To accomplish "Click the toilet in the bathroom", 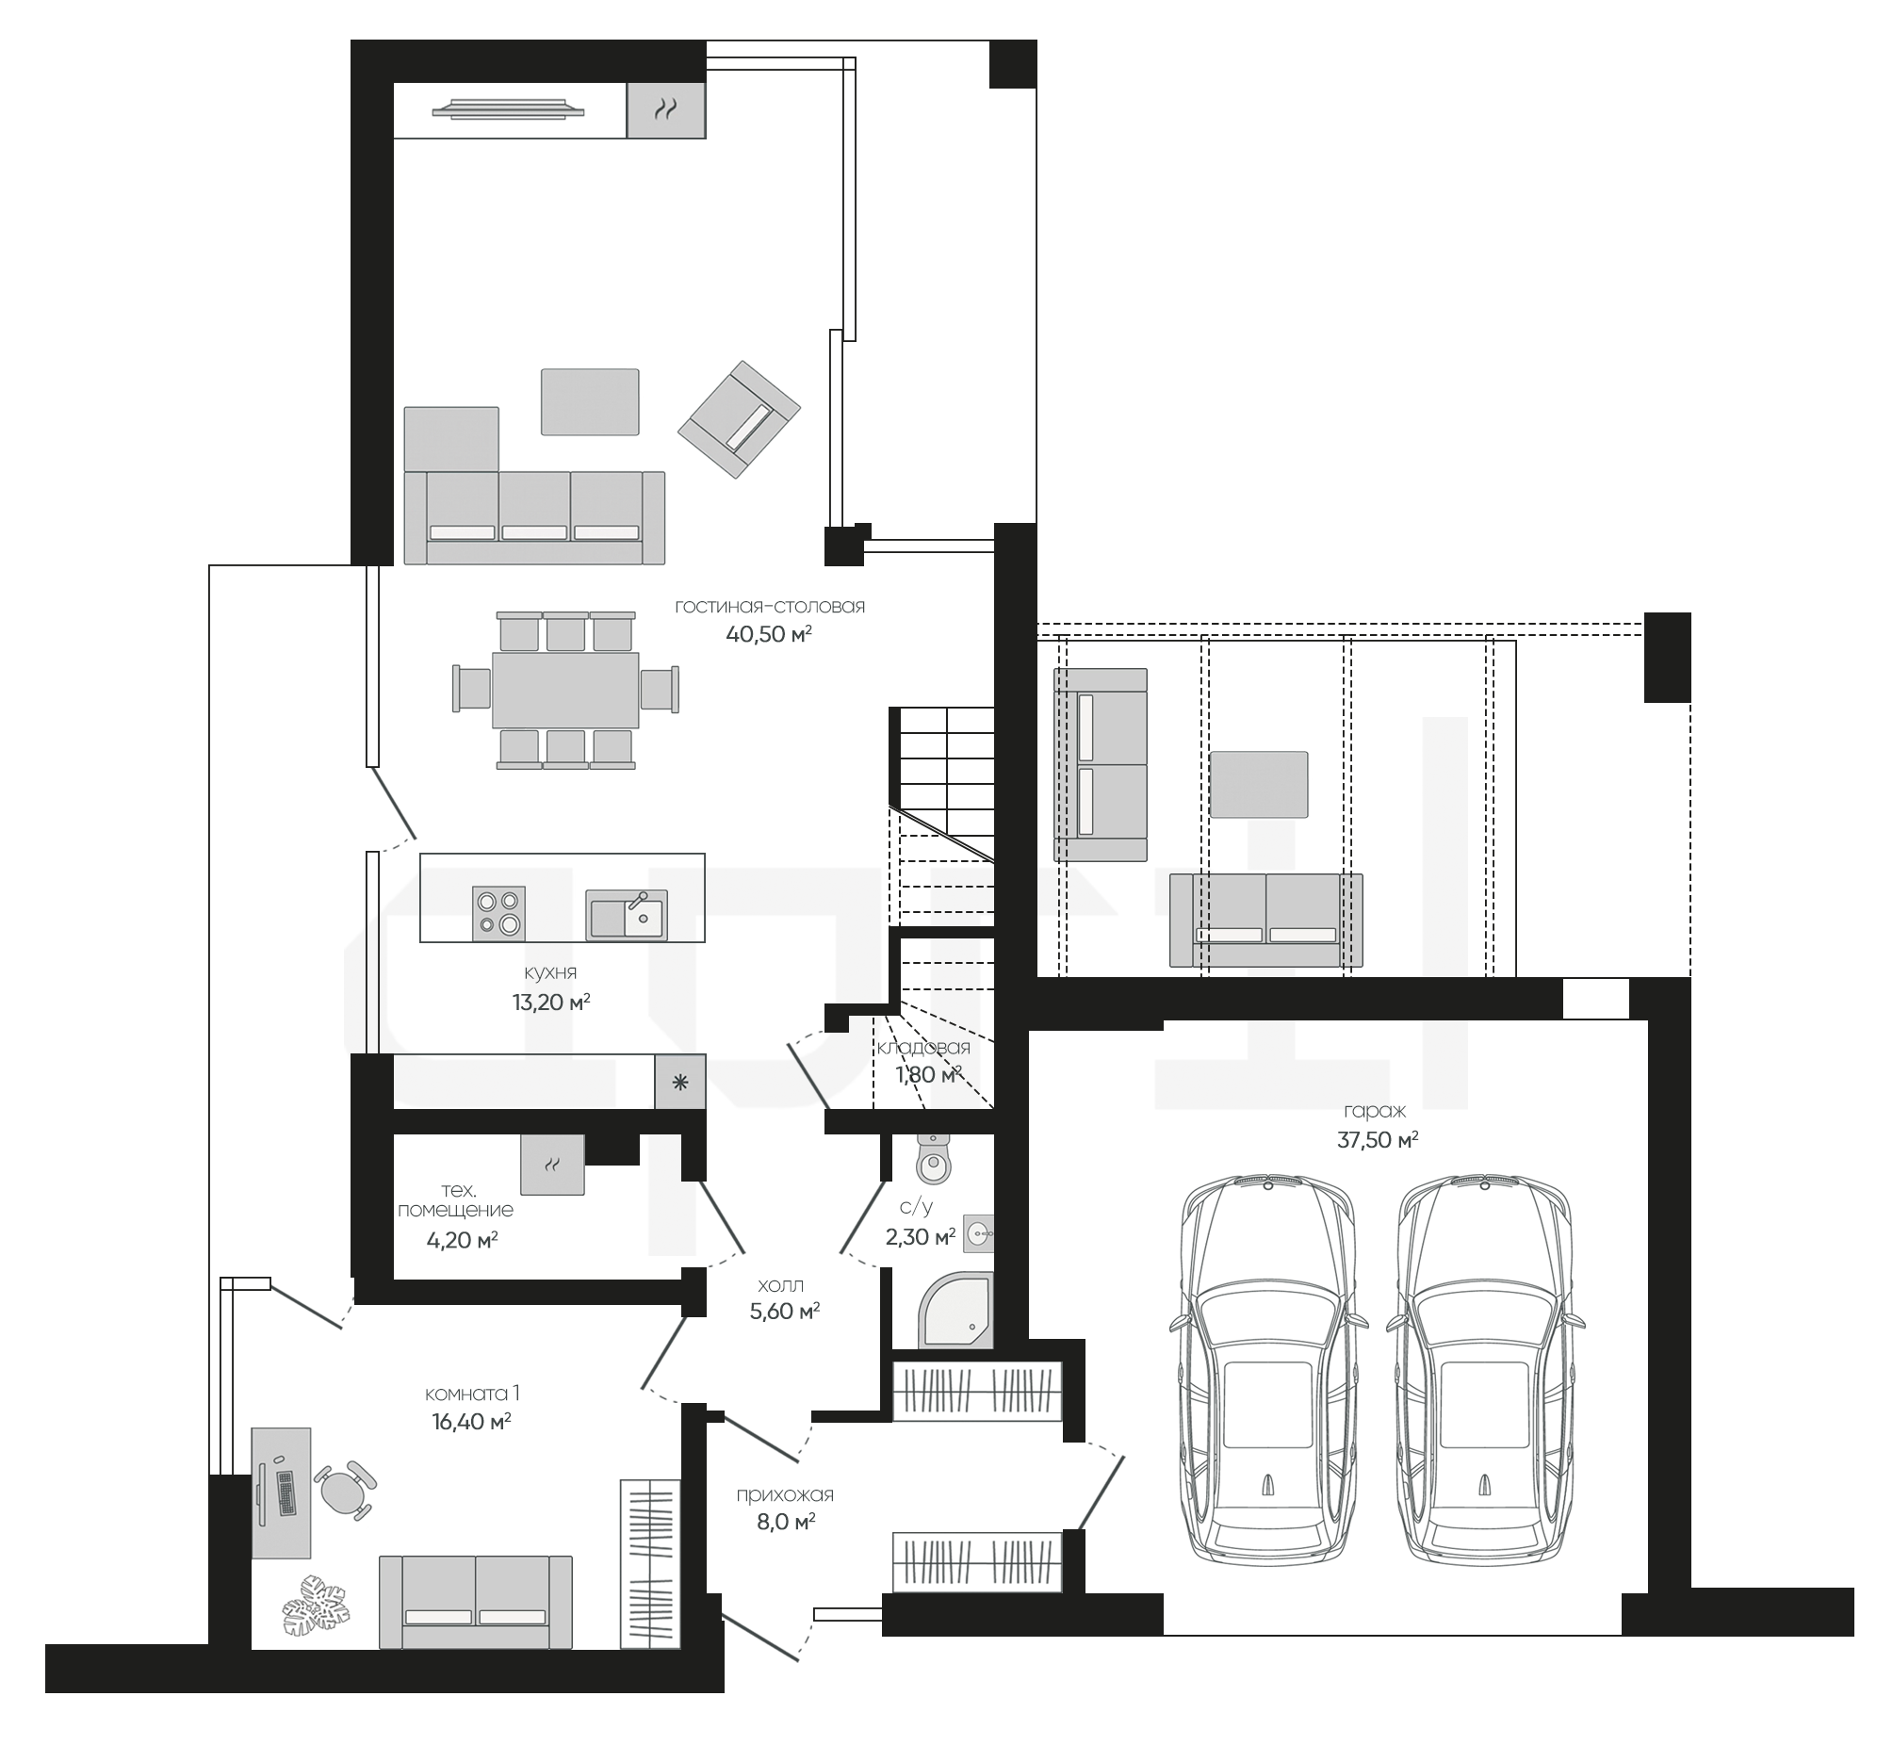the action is point(933,1160).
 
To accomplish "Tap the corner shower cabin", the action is point(955,1310).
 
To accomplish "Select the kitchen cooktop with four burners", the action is point(498,913).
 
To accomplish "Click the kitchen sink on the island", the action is point(627,914).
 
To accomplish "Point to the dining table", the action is point(565,690).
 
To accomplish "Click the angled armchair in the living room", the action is point(740,419).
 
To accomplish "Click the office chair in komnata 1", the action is point(345,1490).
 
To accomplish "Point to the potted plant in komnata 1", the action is point(316,1604).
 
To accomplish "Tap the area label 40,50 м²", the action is point(769,633).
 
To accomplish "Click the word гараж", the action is point(1378,1113).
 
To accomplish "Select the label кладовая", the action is point(923,1047).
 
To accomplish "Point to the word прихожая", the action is point(785,1494).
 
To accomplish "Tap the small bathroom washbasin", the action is point(979,1232).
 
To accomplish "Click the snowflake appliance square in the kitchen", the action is point(680,1082).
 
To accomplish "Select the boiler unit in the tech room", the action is point(552,1165).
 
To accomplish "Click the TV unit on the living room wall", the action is point(509,109).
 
